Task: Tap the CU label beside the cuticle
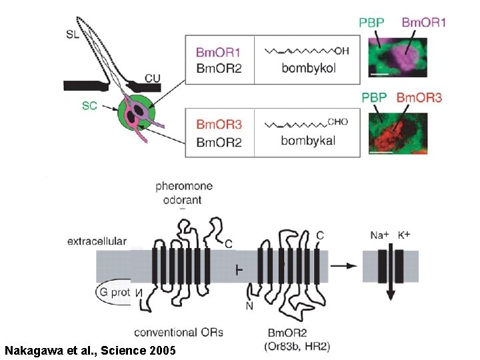coord(153,79)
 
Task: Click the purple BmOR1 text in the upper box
coord(218,52)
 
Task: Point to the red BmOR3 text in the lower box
coord(218,124)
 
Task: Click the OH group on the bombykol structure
coord(341,50)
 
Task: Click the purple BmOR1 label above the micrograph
coord(423,23)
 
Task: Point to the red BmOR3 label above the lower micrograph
coord(419,98)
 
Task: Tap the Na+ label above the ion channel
coord(379,235)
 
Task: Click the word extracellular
coord(97,241)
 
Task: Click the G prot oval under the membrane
coord(113,292)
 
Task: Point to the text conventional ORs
coord(179,331)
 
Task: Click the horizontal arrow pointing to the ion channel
coord(343,265)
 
